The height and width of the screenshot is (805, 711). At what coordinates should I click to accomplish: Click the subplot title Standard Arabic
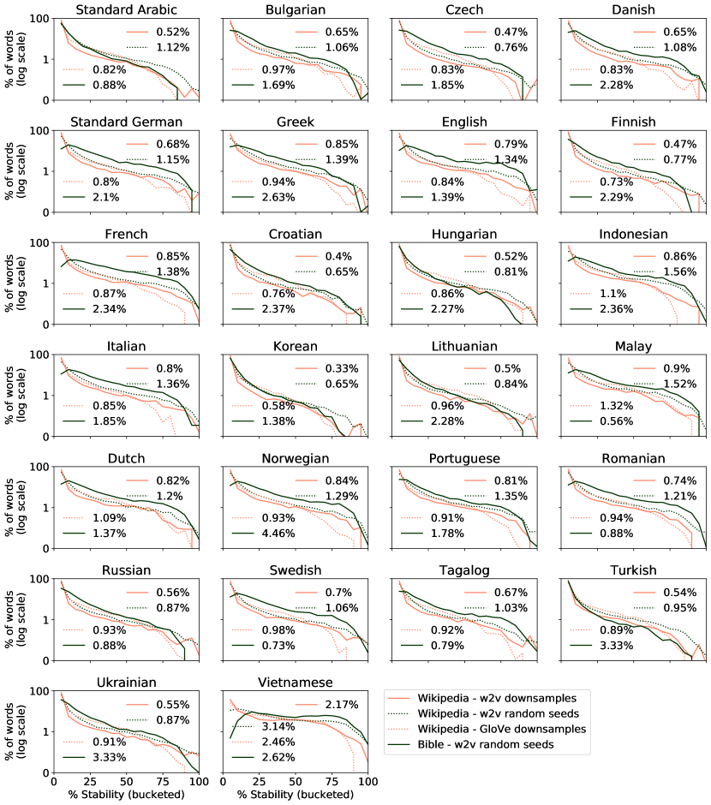coord(127,9)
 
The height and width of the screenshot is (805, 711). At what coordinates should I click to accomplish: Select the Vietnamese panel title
coord(296,683)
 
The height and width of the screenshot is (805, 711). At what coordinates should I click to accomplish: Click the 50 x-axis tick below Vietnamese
coord(296,783)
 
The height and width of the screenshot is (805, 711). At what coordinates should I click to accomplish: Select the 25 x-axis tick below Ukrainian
coord(90,783)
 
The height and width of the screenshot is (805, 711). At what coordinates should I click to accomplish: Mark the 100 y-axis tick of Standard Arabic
coord(38,19)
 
